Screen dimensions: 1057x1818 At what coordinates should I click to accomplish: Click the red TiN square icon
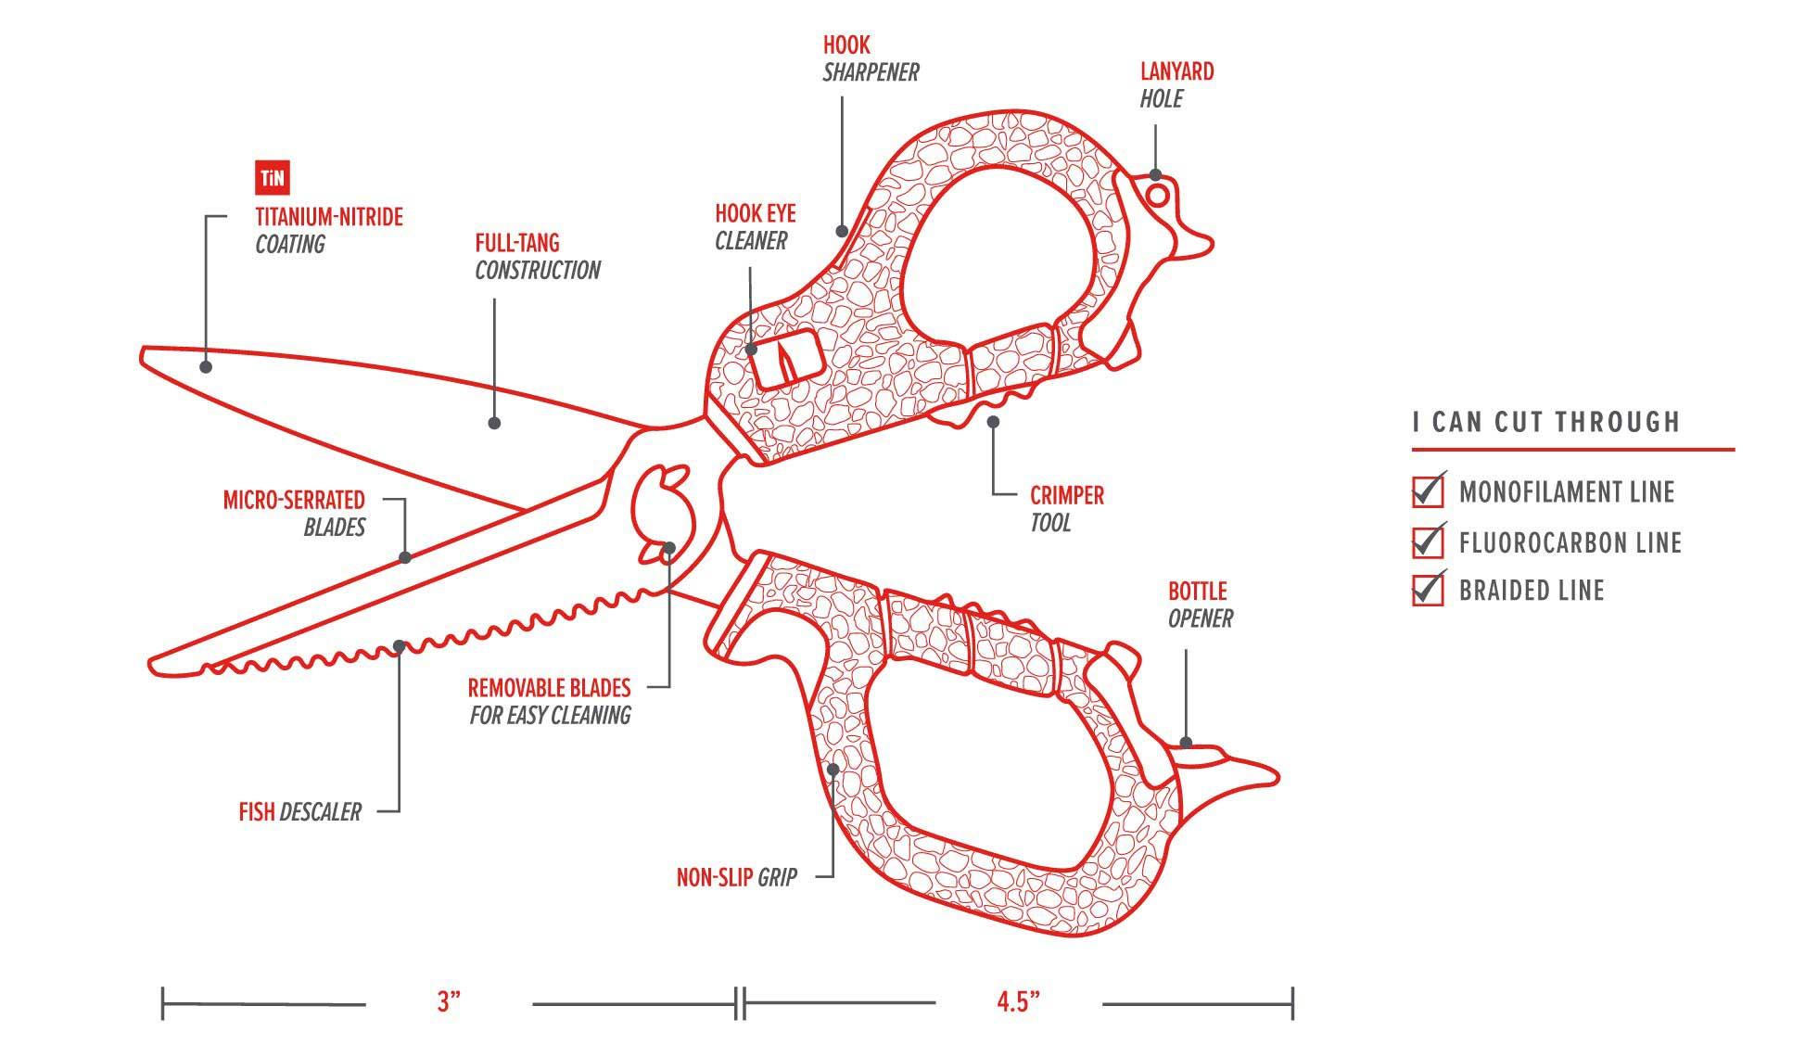coord(272,178)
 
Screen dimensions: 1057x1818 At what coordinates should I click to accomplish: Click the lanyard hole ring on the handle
coord(1157,195)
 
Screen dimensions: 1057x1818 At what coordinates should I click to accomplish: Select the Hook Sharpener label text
coord(870,58)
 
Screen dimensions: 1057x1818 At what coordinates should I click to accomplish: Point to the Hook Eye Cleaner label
coord(754,227)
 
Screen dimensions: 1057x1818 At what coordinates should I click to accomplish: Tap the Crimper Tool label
coord(1066,509)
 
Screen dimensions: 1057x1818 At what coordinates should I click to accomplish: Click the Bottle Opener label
coord(1199,605)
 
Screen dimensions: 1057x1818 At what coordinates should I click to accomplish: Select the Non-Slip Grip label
coord(736,877)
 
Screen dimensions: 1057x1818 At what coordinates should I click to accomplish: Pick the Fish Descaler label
coord(299,812)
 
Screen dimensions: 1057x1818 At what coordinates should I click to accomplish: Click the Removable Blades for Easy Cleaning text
coord(549,702)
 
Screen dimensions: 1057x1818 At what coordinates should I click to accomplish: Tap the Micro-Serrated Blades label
coord(294,514)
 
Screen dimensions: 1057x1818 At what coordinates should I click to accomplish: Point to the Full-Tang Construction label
coord(537,257)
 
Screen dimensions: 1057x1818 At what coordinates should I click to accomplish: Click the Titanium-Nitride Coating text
coord(328,231)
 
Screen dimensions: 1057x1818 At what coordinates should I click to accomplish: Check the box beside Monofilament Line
coord(1428,491)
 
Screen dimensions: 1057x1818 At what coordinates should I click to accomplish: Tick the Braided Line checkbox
coord(1428,590)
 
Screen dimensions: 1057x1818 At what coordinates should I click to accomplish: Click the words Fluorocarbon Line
coord(1570,542)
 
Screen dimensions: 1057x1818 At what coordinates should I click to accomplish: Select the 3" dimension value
coord(449,1002)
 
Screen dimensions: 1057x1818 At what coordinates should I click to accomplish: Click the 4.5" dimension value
coord(1018,1002)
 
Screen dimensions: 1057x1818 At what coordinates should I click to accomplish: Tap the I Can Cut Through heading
coord(1545,423)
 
